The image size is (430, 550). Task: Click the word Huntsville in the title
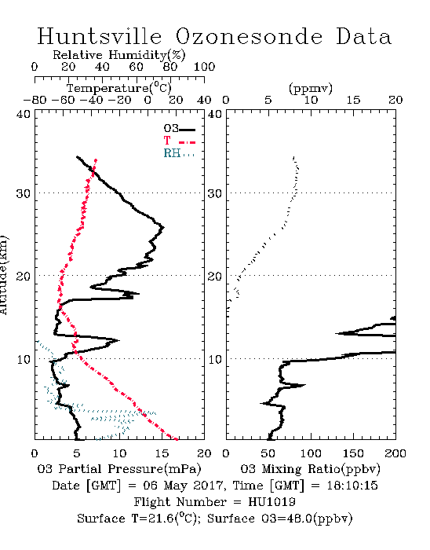click(x=100, y=36)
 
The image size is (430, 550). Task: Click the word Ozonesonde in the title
click(x=248, y=36)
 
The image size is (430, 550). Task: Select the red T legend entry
click(x=179, y=141)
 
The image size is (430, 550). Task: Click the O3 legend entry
click(x=179, y=129)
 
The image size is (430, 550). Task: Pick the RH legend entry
click(x=179, y=153)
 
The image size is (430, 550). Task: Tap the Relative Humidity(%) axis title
click(x=119, y=55)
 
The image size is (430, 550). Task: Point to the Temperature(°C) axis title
click(x=119, y=88)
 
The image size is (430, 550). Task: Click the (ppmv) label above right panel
click(x=311, y=88)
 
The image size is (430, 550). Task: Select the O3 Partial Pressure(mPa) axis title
click(x=119, y=469)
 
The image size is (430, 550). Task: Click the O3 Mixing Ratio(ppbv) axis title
click(x=310, y=469)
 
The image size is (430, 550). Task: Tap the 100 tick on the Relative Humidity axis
click(x=204, y=67)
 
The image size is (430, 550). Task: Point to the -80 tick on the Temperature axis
click(x=35, y=100)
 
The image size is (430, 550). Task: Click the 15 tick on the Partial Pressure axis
click(x=162, y=453)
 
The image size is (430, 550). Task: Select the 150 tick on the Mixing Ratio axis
click(x=353, y=453)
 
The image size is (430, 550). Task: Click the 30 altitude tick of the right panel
click(x=215, y=193)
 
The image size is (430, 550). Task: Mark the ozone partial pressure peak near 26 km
click(x=163, y=228)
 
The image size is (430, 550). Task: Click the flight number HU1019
click(x=271, y=502)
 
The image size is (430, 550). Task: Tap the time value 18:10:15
click(x=352, y=486)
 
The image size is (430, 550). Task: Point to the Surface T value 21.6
click(x=160, y=519)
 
